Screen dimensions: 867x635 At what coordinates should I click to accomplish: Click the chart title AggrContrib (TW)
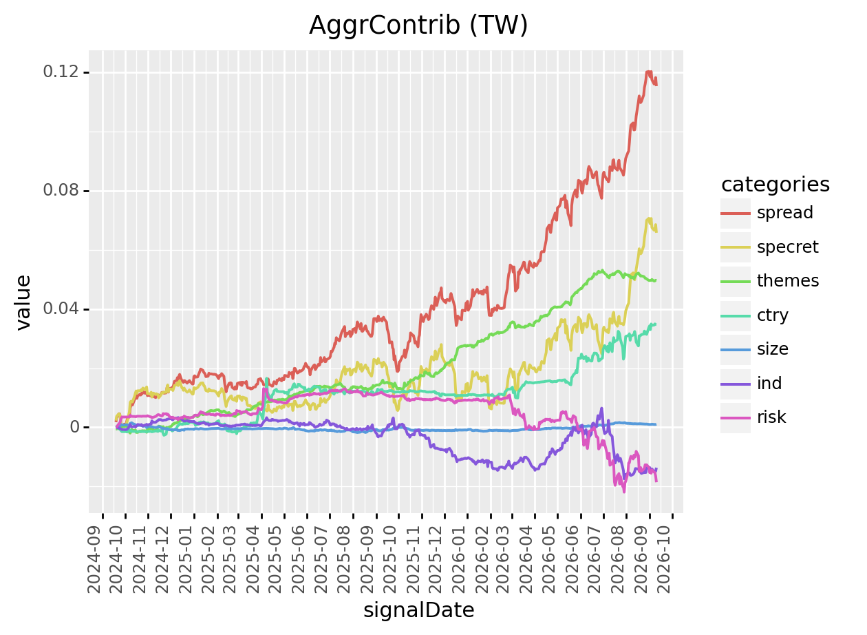click(418, 25)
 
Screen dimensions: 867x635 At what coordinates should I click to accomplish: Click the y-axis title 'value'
click(23, 302)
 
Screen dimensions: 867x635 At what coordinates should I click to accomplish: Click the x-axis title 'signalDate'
click(419, 610)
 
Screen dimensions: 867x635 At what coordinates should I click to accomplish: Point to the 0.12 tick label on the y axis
click(61, 72)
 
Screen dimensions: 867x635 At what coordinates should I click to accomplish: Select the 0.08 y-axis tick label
click(61, 191)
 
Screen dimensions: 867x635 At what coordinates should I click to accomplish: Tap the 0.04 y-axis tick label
click(61, 309)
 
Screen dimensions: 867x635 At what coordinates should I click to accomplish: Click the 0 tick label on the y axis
click(74, 427)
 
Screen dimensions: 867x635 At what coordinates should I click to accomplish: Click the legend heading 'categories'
click(775, 185)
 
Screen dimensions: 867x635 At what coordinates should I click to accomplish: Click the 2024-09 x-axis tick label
click(94, 559)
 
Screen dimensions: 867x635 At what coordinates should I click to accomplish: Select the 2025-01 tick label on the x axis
click(186, 559)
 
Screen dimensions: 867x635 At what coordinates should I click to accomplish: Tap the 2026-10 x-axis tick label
click(664, 559)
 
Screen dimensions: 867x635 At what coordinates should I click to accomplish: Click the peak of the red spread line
click(649, 72)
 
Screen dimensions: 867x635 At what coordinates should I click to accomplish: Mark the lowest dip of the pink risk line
click(624, 492)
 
